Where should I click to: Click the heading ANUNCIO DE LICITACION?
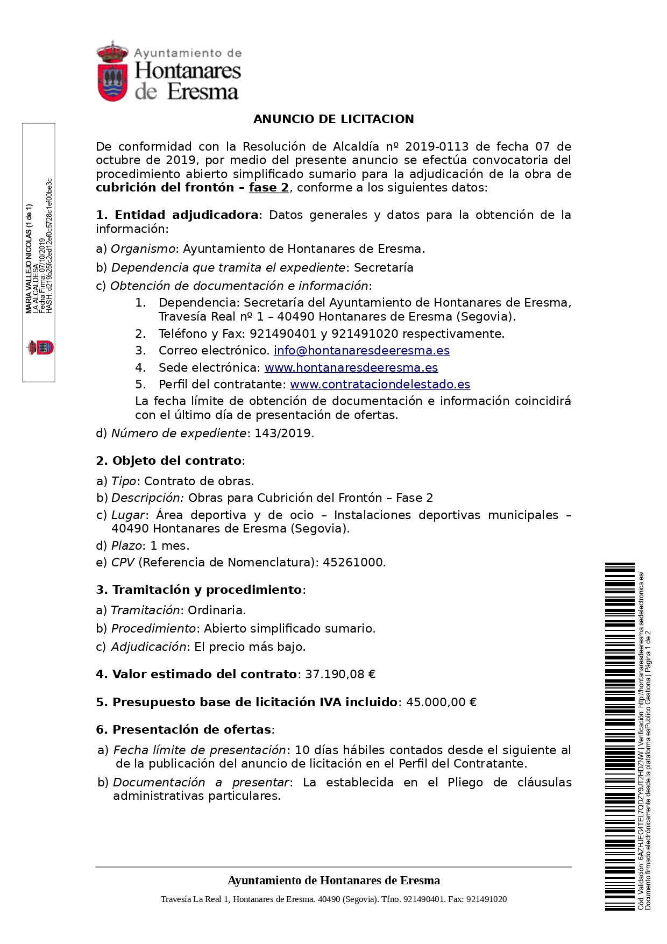tap(334, 119)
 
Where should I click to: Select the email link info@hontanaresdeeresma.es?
tap(361, 351)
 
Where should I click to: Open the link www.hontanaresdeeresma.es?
tap(351, 368)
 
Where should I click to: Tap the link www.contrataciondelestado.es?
tap(380, 385)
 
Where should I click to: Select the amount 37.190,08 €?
tap(340, 675)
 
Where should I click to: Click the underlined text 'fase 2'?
tap(269, 188)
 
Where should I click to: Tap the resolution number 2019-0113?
tap(436, 147)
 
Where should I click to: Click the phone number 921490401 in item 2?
tap(283, 334)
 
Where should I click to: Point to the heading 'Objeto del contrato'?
tap(177, 461)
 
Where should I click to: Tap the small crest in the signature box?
tap(41, 347)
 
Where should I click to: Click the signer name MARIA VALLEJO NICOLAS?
tap(29, 258)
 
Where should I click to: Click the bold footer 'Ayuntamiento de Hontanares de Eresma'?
tap(334, 881)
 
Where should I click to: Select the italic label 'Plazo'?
tap(126, 546)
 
